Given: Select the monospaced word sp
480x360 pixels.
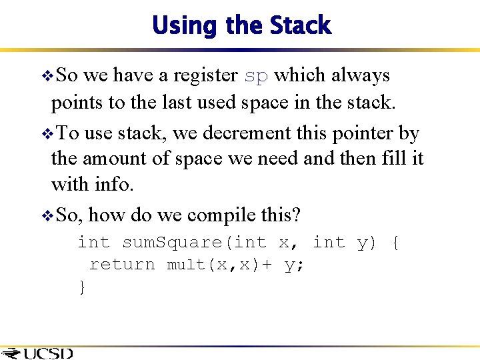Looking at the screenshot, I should click(255, 75).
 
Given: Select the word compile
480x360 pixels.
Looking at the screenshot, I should click(219, 215).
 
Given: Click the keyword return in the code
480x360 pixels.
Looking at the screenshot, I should click(122, 265).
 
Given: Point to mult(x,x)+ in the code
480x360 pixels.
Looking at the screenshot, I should click(219, 265).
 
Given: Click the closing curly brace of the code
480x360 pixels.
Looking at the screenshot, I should click(82, 287).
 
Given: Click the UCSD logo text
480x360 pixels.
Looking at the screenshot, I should click(47, 353).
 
